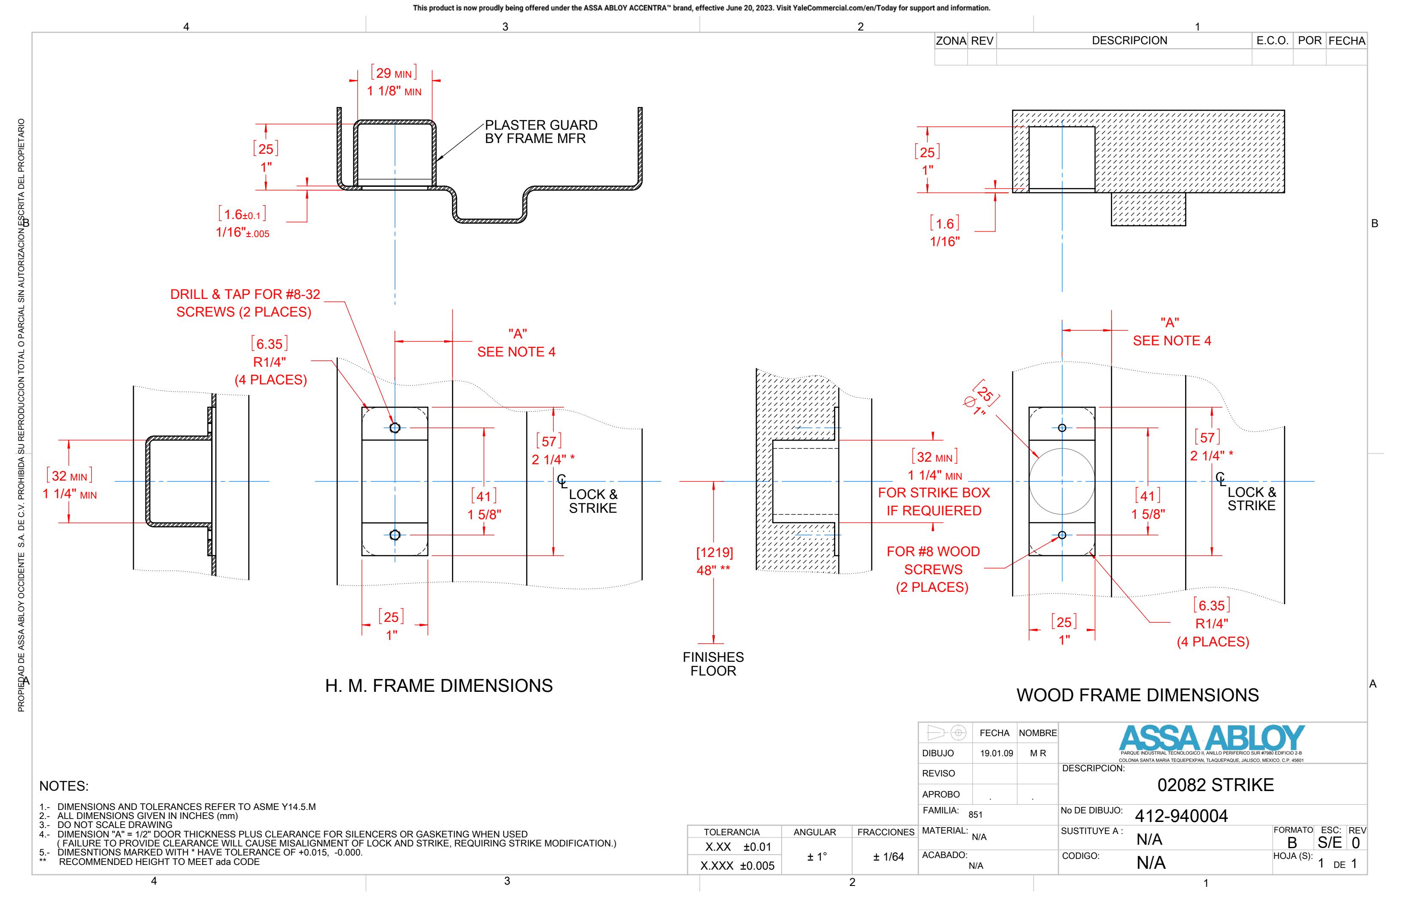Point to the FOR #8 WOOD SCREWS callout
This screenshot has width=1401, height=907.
click(933, 569)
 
